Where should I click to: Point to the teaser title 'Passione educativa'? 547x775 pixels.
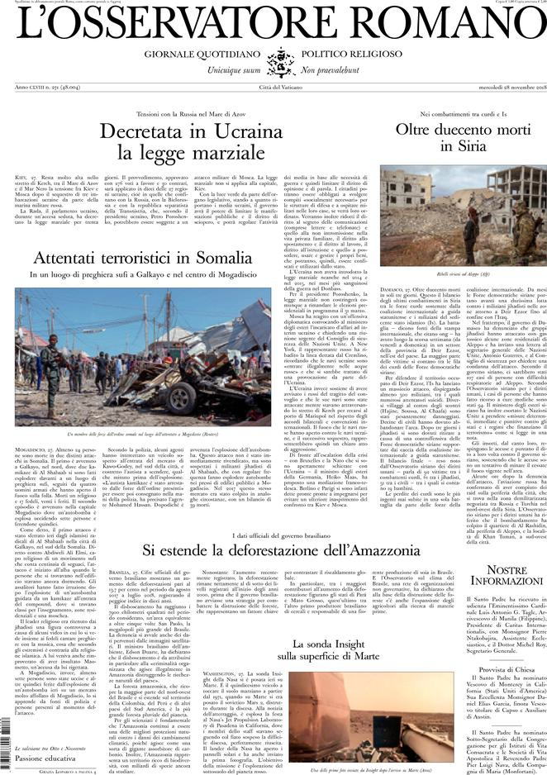[50, 757]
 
